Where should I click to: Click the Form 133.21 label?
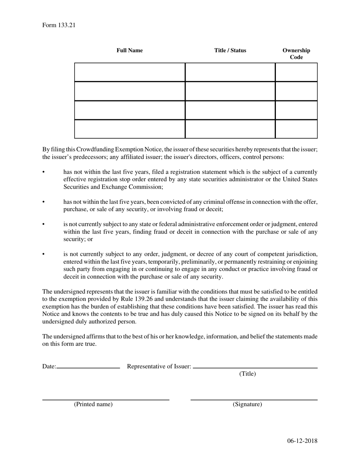coord(59,25)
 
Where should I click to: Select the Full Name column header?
coord(130,50)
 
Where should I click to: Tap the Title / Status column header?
coord(230,50)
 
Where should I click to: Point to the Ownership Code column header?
coord(296,54)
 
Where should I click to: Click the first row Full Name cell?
coord(130,72)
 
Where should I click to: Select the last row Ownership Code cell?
coord(296,129)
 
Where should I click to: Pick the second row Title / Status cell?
coord(230,91)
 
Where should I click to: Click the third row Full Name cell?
coord(130,110)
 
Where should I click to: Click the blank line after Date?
coord(88,367)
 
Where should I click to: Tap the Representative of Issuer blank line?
coord(255,367)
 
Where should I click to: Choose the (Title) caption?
coord(247,374)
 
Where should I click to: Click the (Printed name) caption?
coord(93,404)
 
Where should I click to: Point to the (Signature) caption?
coord(247,404)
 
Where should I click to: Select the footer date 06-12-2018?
coord(302,441)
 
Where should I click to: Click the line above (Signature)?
coord(254,400)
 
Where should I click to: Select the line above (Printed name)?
coord(105,400)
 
